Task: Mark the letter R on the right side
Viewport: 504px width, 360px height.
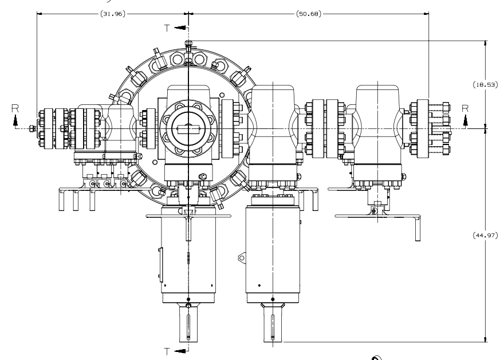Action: [466, 107]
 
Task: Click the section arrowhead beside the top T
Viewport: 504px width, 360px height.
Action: [181, 27]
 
